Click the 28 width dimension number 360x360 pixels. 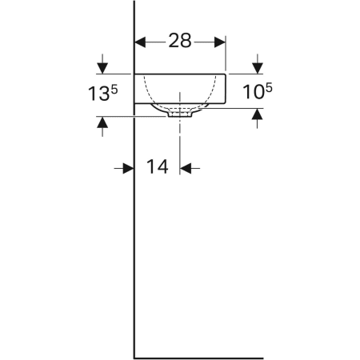tap(180, 40)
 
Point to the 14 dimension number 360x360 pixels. tap(158, 167)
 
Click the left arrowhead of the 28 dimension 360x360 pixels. tap(138, 41)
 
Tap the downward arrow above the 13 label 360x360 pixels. tap(102, 66)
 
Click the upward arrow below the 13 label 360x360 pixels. tap(102, 123)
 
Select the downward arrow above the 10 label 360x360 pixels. tap(258, 66)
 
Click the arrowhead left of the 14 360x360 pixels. tap(127, 167)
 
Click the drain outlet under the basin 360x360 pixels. tap(181, 114)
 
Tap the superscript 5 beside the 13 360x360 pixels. tap(115, 88)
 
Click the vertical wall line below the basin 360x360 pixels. tap(133, 240)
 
